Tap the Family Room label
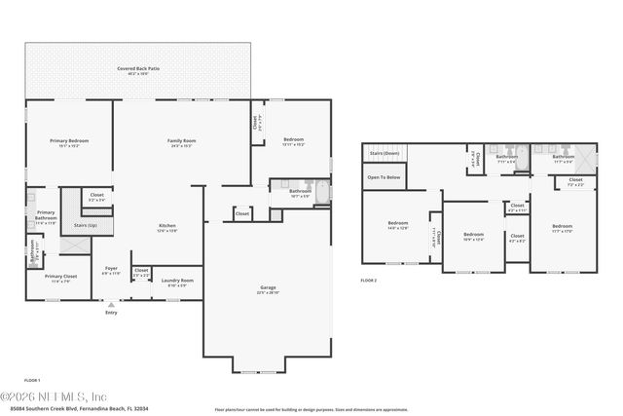[182, 141]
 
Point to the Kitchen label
[166, 227]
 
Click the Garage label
[268, 288]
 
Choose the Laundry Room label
[177, 281]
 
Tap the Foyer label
[110, 271]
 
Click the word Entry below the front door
[110, 312]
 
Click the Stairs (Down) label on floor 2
[385, 154]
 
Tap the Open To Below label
[384, 177]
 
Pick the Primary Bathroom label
[46, 215]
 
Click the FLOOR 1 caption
[33, 379]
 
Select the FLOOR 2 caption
[368, 281]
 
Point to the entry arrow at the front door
[110, 303]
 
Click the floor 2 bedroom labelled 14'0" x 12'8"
[397, 226]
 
